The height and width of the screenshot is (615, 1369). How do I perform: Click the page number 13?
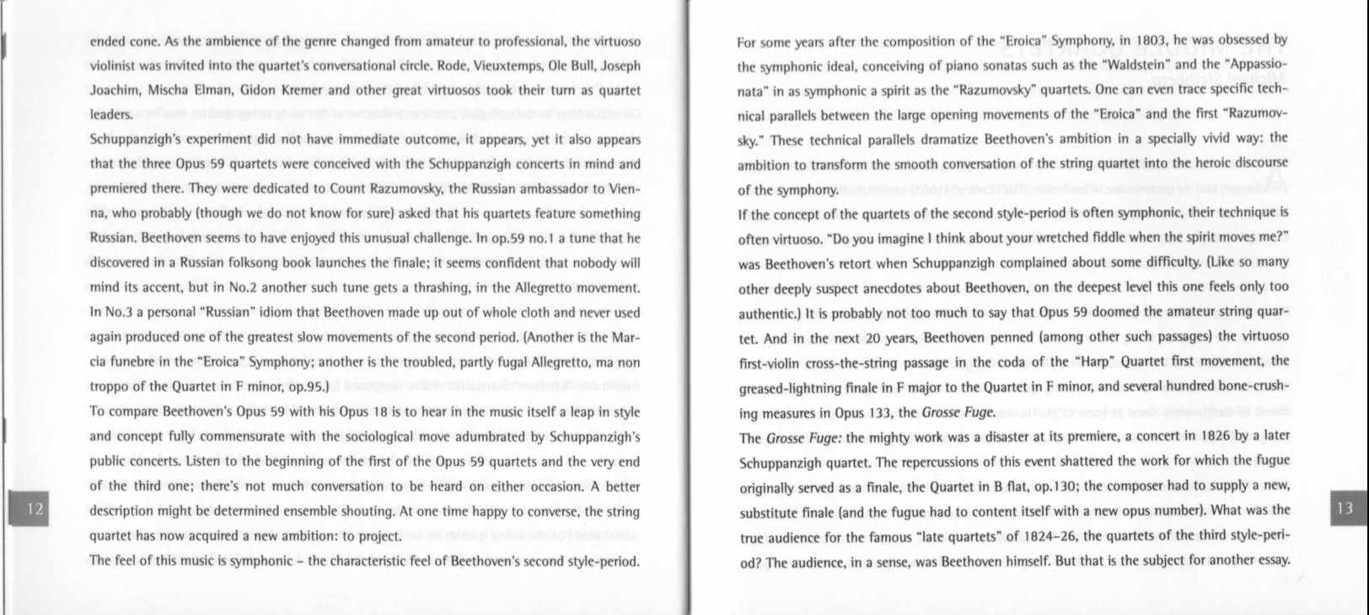1345,507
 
